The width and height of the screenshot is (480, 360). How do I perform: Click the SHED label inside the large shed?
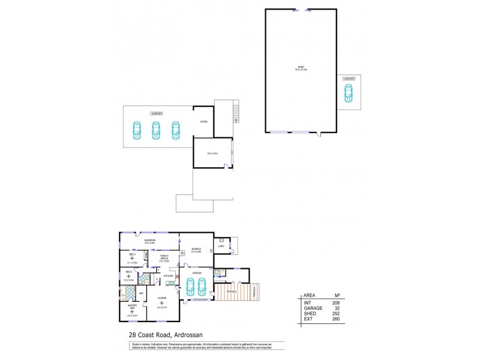pos(301,67)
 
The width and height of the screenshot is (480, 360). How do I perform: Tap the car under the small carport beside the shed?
pos(348,93)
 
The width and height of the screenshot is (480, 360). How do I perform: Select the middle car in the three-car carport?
pos(156,130)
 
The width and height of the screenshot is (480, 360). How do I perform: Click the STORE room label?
pos(203,122)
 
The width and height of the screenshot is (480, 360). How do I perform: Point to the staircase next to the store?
pos(236,112)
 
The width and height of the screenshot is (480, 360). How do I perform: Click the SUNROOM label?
pos(149,240)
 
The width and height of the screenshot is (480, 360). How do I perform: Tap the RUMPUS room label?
pos(196,249)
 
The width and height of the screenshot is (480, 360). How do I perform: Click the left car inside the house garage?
pos(190,287)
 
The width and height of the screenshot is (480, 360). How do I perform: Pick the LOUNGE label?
pos(162,298)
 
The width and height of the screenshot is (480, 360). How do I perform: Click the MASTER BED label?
pos(131,308)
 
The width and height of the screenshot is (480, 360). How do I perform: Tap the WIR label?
pos(141,293)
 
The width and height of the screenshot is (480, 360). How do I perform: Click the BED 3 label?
pos(132,254)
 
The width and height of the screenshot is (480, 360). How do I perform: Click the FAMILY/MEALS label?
pos(164,257)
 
